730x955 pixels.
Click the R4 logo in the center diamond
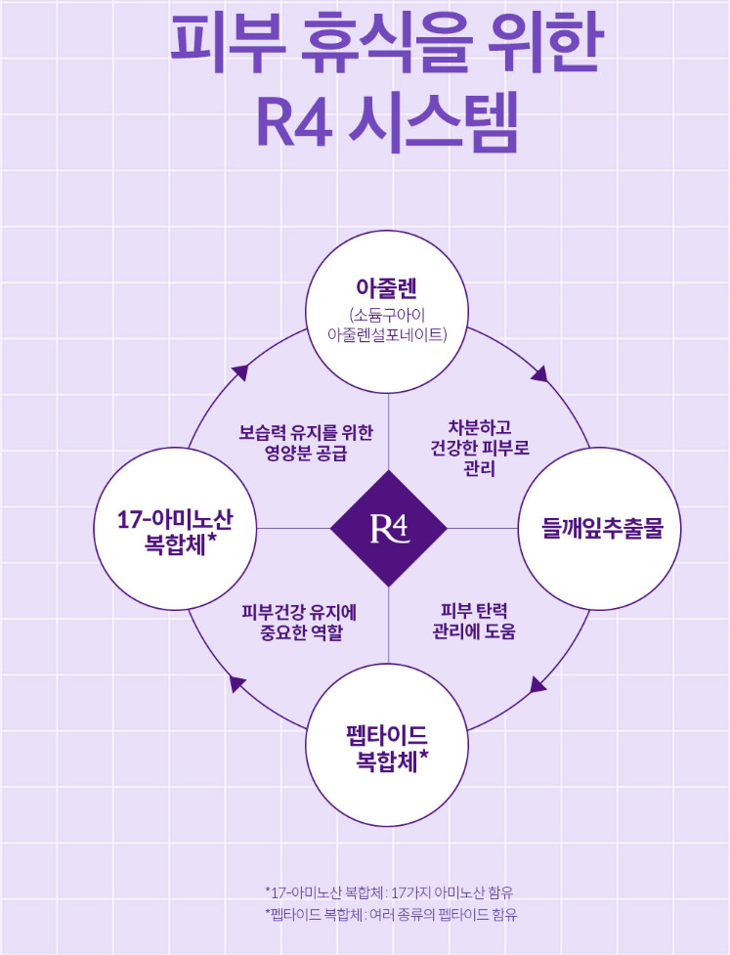pos(389,529)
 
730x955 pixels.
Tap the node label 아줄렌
pos(387,288)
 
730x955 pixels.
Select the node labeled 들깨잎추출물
pos(602,528)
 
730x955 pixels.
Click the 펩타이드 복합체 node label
pos(387,748)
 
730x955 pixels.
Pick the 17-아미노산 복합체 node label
pos(175,531)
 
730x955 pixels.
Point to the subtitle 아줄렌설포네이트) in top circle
pos(387,334)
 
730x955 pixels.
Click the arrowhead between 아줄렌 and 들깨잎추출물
pos(541,373)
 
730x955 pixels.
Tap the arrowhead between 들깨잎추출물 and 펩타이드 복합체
pos(538,684)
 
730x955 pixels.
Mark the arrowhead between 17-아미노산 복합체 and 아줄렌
pos(239,372)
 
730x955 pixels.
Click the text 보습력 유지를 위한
pos(306,432)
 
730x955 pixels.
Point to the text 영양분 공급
pos(306,454)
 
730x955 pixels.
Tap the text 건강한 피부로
pos(480,449)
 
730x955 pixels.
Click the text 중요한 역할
pos(301,632)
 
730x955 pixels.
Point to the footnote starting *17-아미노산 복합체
pos(389,892)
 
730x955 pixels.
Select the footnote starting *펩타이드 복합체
pos(391,914)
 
